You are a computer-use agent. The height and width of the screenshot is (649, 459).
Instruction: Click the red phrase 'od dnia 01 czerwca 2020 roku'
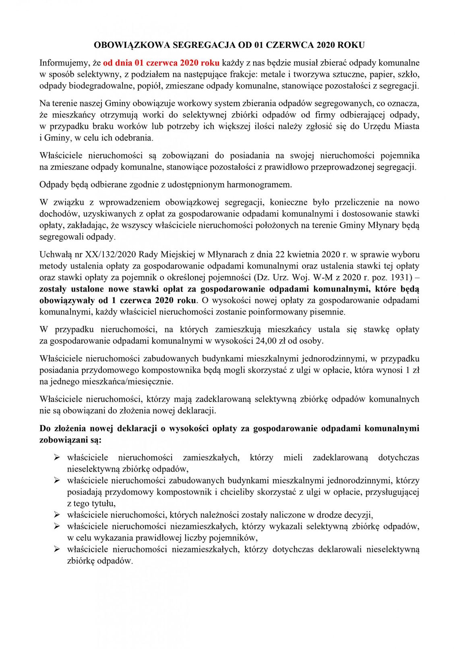tap(161, 63)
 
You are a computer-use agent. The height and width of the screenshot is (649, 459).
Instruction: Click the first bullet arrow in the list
tap(57, 457)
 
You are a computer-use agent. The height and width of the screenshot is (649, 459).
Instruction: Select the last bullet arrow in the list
tap(57, 549)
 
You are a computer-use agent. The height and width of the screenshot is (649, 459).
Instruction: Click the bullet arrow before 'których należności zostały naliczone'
tap(57, 515)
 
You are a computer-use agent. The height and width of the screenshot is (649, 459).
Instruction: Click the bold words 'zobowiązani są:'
tap(70, 440)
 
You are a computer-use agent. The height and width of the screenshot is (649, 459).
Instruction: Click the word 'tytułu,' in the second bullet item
tap(103, 503)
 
